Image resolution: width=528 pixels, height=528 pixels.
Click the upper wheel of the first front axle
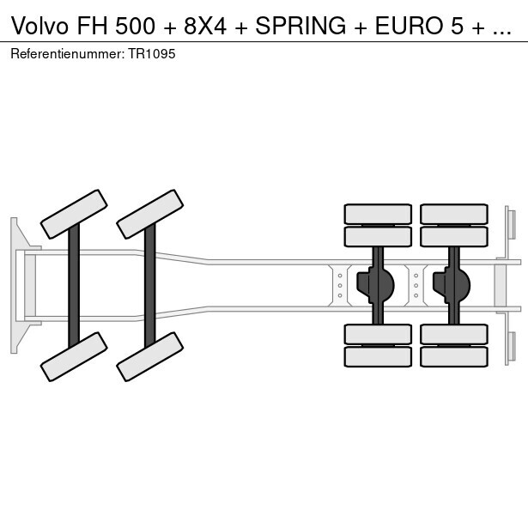(x=74, y=214)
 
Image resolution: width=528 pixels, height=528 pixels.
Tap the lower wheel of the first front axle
(x=74, y=356)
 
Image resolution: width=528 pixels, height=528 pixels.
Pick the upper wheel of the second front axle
(x=150, y=214)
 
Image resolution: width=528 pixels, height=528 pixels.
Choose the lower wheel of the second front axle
(x=150, y=356)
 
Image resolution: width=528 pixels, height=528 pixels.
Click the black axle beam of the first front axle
(x=74, y=285)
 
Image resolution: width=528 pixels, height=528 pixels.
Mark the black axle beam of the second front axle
(x=150, y=285)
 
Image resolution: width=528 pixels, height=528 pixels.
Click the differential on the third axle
(x=379, y=282)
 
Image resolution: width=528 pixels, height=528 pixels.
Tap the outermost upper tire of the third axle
(x=378, y=214)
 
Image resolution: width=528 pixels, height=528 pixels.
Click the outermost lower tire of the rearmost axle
(x=453, y=356)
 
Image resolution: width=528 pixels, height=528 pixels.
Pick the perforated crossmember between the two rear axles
(x=416, y=285)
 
